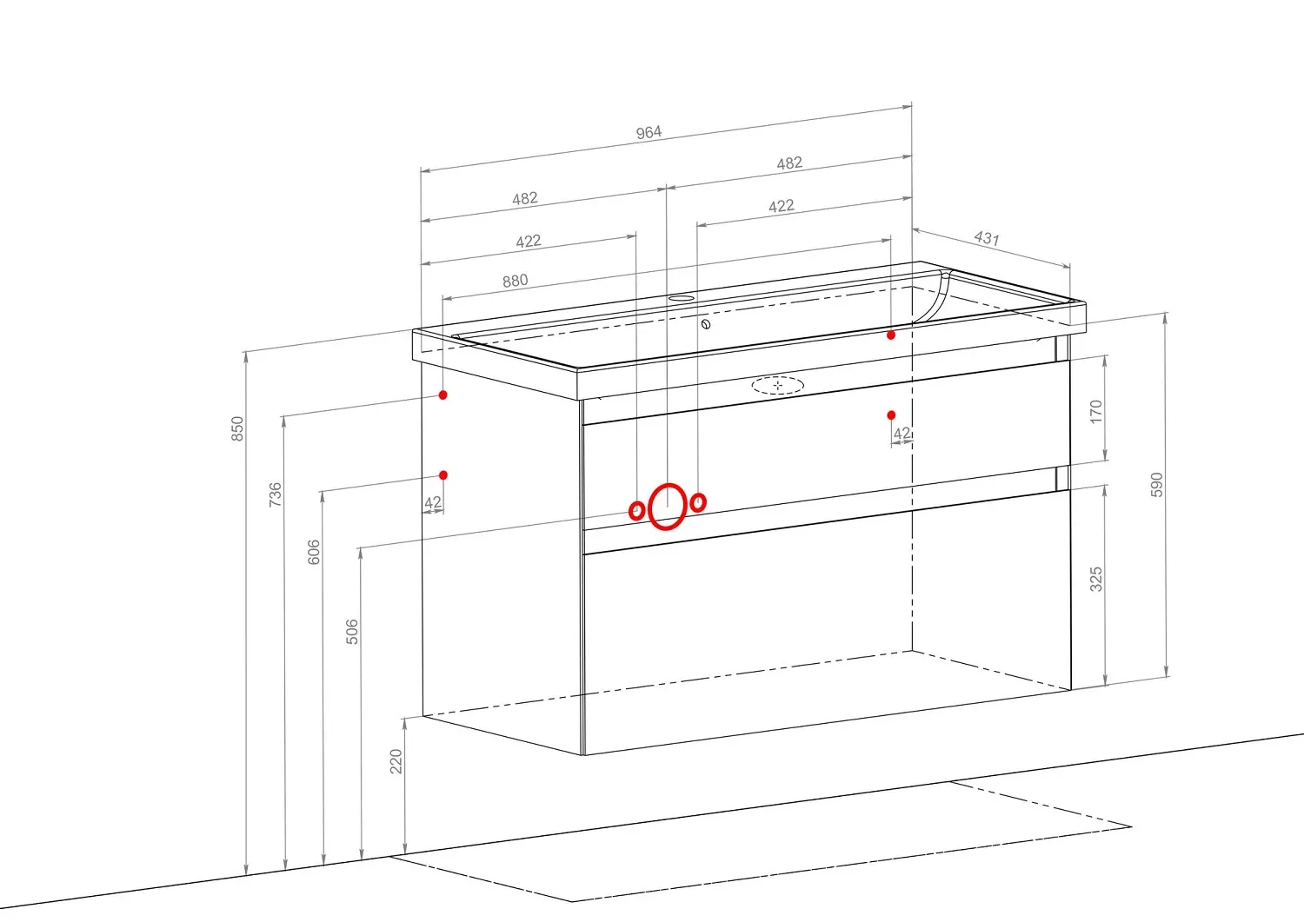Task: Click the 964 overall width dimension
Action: coord(649,133)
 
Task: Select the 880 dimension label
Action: coord(516,282)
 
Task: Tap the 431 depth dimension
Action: coord(987,237)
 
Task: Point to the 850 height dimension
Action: coord(237,428)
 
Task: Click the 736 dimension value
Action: coord(275,494)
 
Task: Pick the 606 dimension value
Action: coord(313,552)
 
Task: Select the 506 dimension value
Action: coord(352,632)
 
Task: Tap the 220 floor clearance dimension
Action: coord(396,761)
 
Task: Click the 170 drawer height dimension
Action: coord(1095,412)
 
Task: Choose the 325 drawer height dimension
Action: coord(1095,579)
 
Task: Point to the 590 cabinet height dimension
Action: coord(1157,485)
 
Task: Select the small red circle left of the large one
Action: coord(637,510)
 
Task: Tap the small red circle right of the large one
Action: coord(699,501)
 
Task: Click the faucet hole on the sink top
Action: coord(681,298)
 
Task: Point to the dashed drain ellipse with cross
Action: coord(778,385)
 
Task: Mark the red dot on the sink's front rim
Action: coord(891,335)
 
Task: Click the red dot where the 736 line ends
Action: coord(443,395)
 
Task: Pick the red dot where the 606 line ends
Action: coord(443,475)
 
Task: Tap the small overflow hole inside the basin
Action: coord(706,324)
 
